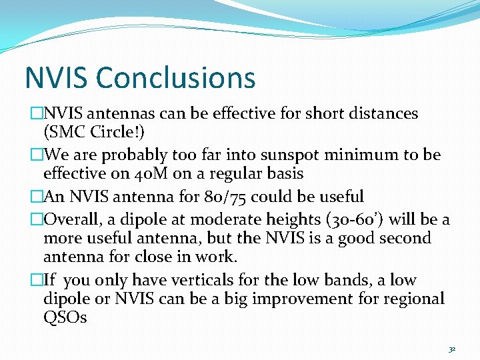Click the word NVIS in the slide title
pos(57,78)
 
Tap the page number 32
pos(451,349)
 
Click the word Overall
pos(71,219)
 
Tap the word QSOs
pos(65,318)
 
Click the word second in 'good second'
pos(403,238)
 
